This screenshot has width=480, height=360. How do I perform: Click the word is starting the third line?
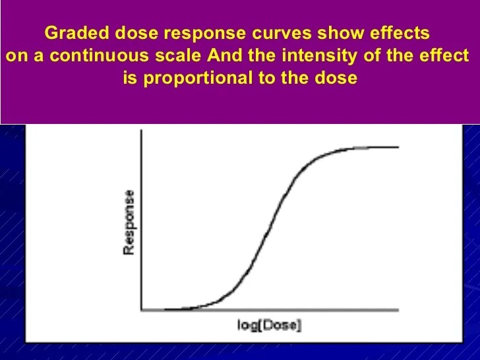(x=130, y=78)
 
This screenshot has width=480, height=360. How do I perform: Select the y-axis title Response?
(x=130, y=223)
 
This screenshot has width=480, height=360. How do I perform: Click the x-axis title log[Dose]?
(x=268, y=326)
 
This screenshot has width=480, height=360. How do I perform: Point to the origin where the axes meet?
(x=142, y=309)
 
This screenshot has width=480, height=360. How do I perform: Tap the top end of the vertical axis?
(x=142, y=131)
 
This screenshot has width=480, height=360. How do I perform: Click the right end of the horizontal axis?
(x=398, y=309)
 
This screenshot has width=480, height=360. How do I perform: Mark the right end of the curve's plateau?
(x=398, y=147)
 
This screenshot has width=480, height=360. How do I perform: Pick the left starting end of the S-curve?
(x=165, y=309)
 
